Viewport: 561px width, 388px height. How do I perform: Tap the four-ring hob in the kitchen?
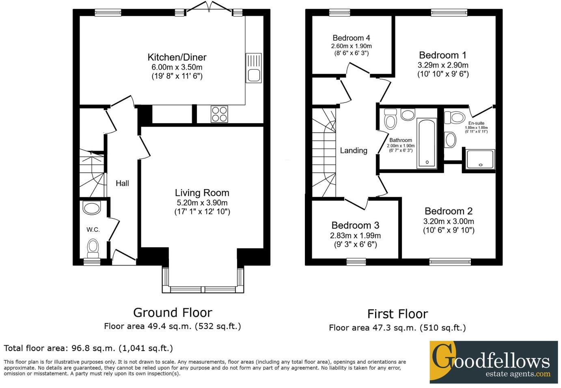[x=219, y=114]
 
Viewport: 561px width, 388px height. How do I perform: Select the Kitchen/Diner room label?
[x=177, y=57]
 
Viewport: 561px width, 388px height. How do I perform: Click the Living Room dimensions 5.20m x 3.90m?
[x=202, y=203]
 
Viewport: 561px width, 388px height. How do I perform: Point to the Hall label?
[x=122, y=183]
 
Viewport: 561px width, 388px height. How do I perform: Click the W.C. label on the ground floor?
[x=93, y=230]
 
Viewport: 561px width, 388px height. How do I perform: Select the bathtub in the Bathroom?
[x=427, y=143]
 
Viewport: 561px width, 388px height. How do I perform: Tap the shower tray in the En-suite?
[x=480, y=159]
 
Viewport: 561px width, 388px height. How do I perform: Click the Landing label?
[x=354, y=150]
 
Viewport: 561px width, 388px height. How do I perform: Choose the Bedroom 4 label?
[x=351, y=38]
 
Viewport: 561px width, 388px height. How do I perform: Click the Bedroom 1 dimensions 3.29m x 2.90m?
[x=443, y=65]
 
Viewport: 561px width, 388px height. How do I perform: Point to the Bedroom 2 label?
[x=449, y=211]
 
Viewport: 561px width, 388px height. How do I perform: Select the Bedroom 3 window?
[x=356, y=262]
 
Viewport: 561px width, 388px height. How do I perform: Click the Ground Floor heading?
[x=173, y=312]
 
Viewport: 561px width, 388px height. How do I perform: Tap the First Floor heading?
[x=397, y=314]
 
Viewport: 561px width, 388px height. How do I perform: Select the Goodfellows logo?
[x=493, y=362]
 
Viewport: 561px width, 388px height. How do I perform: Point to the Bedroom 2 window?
[x=450, y=262]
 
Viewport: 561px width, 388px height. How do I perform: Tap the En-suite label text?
[x=476, y=123]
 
